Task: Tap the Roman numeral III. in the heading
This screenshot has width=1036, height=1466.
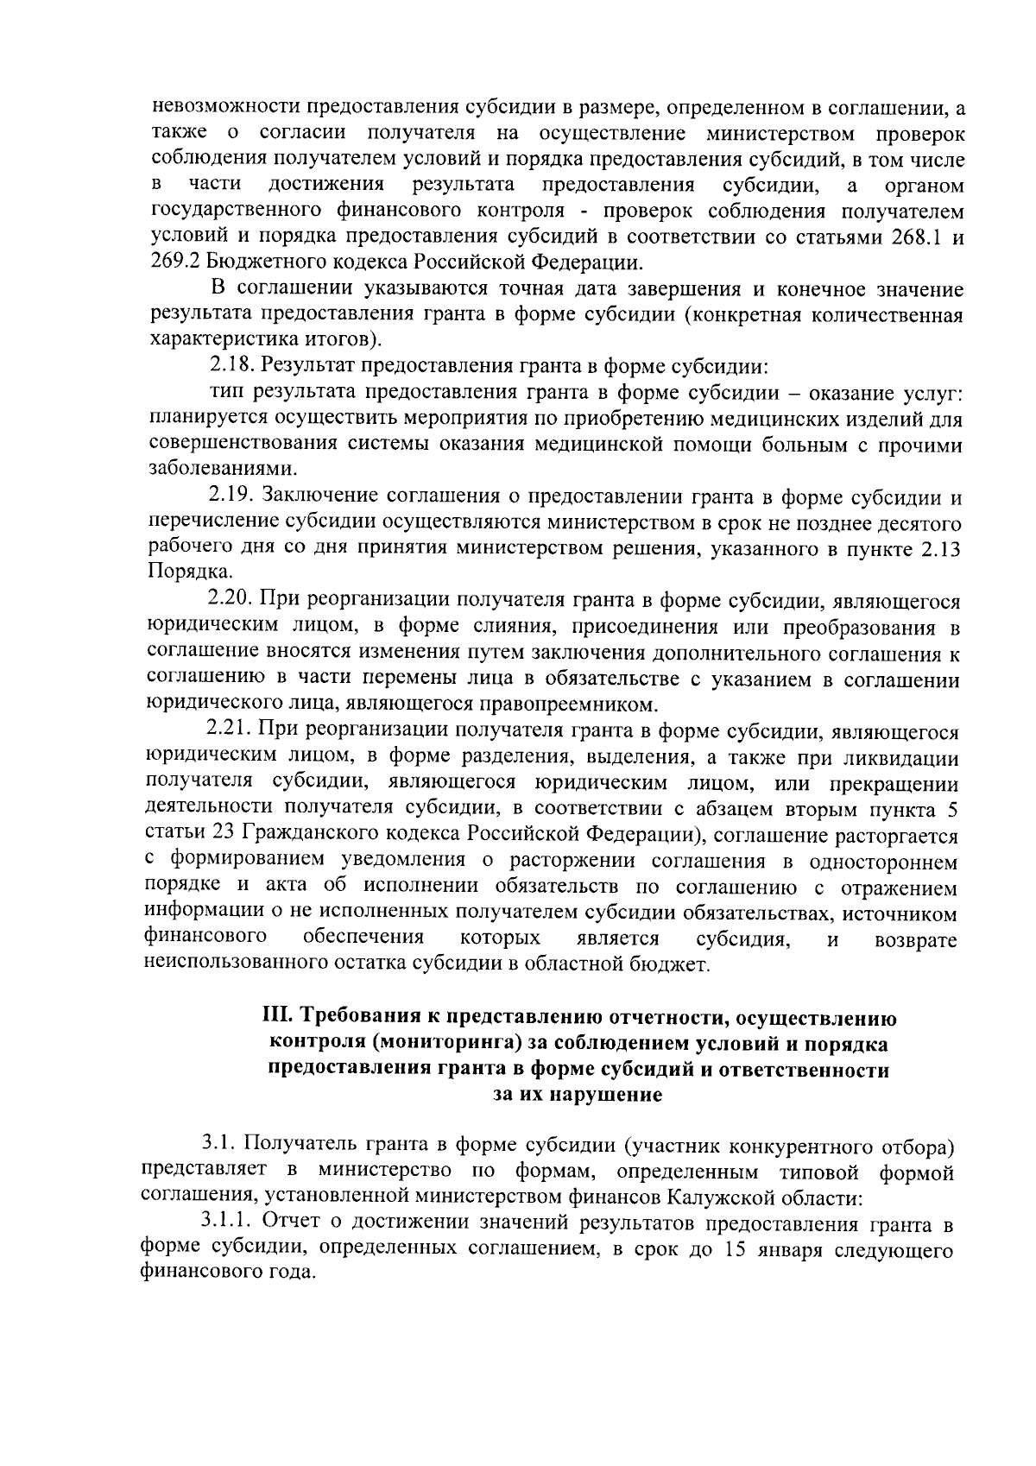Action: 278,1017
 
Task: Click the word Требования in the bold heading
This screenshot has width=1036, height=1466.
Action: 363,1017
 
